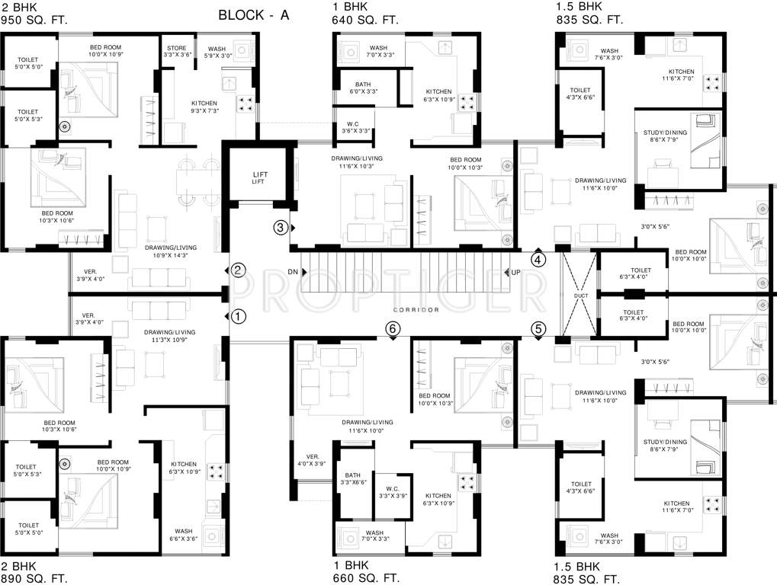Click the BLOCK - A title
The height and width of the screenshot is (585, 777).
tap(254, 14)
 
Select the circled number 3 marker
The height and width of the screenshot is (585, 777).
tap(281, 227)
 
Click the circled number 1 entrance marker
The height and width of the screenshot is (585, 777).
tap(239, 315)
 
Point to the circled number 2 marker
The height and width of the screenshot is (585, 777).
tap(239, 270)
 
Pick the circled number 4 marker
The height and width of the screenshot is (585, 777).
tap(538, 259)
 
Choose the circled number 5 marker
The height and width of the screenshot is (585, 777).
tap(538, 329)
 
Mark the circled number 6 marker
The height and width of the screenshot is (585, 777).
tap(393, 328)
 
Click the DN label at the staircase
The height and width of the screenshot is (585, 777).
tap(293, 272)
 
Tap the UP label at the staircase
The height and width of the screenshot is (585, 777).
tap(515, 272)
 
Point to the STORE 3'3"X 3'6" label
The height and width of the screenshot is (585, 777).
tap(176, 52)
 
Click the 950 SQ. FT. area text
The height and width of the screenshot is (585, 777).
tap(34, 21)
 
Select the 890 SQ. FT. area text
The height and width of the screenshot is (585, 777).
tap(34, 579)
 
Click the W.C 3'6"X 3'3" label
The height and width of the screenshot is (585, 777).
tap(353, 126)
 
